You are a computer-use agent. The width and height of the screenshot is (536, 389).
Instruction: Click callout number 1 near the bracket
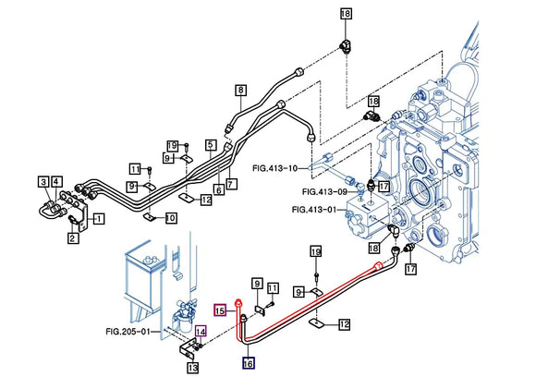99,218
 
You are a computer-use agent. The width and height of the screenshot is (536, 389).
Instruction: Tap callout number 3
43,181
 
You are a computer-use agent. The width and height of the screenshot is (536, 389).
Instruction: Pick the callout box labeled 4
56,181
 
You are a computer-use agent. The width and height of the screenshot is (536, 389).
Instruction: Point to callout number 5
211,144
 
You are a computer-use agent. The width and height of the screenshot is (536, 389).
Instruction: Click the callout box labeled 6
218,189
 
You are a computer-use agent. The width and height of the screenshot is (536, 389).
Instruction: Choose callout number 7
231,184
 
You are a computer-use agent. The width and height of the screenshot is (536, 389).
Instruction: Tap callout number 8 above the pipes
240,90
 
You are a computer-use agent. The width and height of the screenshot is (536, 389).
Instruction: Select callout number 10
171,218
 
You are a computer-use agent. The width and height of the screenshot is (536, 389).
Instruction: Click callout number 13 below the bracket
192,368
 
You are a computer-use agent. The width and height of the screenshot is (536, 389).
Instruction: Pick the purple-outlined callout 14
200,331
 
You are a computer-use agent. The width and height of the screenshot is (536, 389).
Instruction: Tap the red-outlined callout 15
221,311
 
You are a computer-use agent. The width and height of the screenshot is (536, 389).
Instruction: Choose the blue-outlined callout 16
248,363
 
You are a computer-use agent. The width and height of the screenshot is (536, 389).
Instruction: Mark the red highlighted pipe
314,297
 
